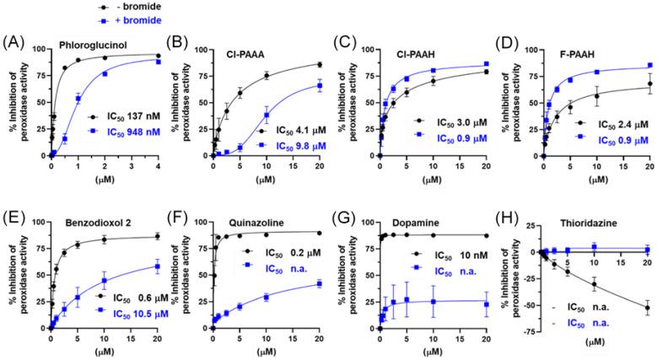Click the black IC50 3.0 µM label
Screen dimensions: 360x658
pyautogui.click(x=445, y=121)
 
